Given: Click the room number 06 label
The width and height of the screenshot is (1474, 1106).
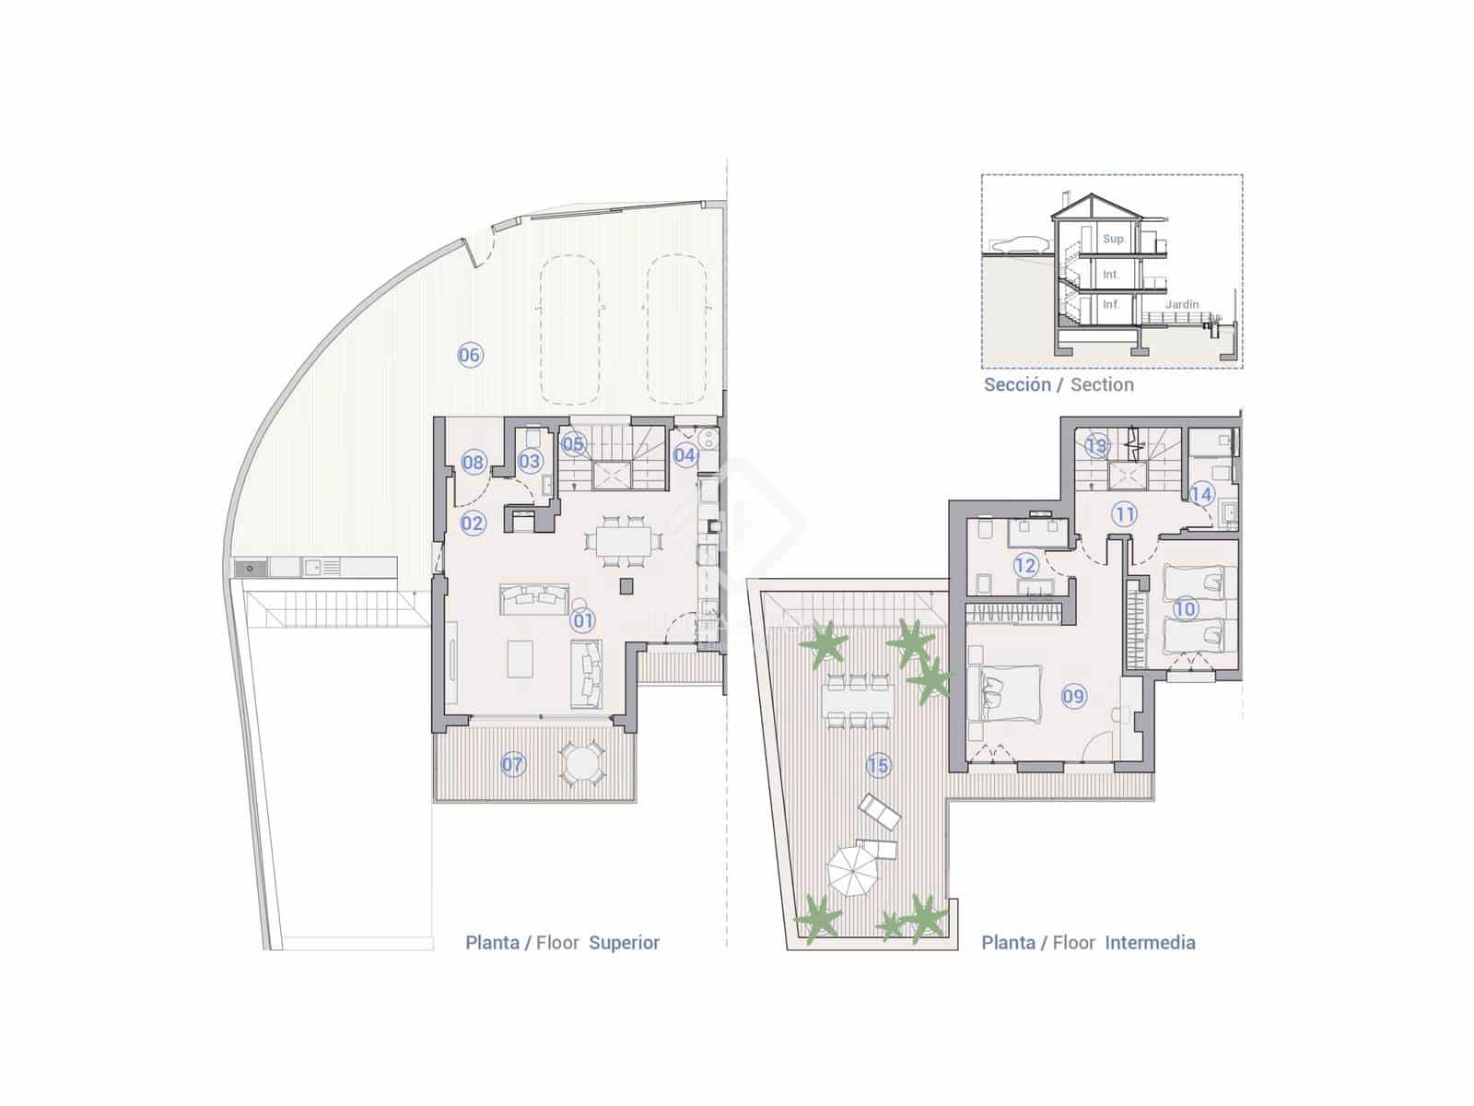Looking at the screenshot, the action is point(470,355).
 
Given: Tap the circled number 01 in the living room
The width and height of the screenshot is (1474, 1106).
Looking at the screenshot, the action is point(582,620).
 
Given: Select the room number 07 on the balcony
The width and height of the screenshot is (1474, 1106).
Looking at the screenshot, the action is point(512,764).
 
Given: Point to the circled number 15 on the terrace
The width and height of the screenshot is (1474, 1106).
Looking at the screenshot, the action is point(878,765).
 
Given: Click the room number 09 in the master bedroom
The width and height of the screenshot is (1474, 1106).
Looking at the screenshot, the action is point(1073,697).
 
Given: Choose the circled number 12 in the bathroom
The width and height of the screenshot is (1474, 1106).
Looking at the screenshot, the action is point(1025,565).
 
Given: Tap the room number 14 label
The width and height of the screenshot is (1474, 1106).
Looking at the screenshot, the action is point(1200,494).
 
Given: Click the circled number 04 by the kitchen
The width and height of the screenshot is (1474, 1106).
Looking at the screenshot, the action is point(684,455).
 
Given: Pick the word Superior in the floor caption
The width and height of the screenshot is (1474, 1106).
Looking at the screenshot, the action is point(625,943).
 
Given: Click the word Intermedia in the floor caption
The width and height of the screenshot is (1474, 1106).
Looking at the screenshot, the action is point(1150,943).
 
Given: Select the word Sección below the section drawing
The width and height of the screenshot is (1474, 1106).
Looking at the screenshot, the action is point(1017,384).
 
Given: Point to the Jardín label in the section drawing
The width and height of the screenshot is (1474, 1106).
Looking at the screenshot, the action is point(1182,304).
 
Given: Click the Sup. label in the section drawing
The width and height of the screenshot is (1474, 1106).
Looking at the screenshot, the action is point(1114,239).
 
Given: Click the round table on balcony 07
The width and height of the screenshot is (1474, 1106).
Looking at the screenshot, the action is point(581,764).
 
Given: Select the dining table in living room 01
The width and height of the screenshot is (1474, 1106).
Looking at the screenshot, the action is point(623,541).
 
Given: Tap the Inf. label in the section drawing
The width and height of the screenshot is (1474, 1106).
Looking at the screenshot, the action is point(1111,304).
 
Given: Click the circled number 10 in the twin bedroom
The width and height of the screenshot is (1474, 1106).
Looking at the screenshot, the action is point(1185,609).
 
